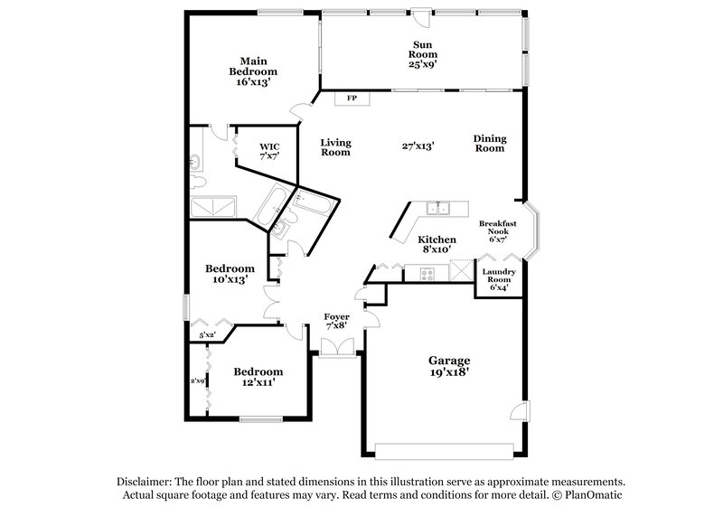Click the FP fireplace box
[x=352, y=97]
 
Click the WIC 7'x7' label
[x=269, y=150]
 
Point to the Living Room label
[x=335, y=147]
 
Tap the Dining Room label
[x=489, y=143]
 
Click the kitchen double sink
[x=440, y=210]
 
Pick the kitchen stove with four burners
[x=425, y=271]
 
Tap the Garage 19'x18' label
[x=448, y=365]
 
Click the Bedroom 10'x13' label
[x=230, y=274]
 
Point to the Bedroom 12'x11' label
[x=258, y=377]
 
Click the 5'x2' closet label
[x=207, y=335]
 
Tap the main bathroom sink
[x=195, y=164]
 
